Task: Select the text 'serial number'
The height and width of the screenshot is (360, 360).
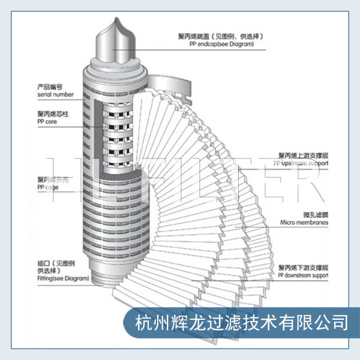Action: pos(55,94)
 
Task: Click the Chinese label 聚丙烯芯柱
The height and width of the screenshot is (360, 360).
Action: pos(52,114)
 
